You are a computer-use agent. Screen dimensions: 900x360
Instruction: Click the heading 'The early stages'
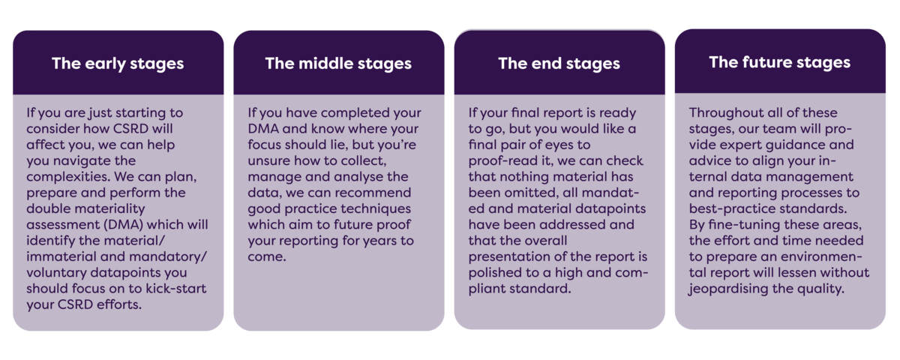(x=118, y=64)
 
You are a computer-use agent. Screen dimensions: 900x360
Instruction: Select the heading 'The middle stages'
(x=338, y=64)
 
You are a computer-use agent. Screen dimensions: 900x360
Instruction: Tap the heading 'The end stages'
(x=559, y=64)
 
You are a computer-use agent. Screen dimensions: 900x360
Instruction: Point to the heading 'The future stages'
(x=779, y=63)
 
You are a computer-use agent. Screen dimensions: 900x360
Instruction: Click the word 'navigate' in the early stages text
(x=82, y=161)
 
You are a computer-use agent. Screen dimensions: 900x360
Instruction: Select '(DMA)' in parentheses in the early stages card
(x=123, y=224)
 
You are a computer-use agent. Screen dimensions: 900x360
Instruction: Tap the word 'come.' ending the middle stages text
(x=267, y=256)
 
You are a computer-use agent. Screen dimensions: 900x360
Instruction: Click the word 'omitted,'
(x=532, y=193)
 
